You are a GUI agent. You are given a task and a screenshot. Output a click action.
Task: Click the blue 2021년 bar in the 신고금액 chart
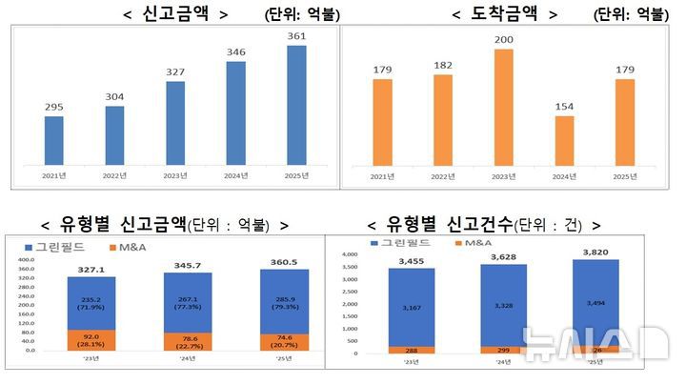point(54,140)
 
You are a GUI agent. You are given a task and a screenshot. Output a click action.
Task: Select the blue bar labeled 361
point(296,104)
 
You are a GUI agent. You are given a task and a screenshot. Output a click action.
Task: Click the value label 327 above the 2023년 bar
point(175,71)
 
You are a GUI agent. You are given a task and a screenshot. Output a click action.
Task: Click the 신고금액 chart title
point(175,13)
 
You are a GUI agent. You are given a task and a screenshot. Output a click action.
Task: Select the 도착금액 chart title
point(504,13)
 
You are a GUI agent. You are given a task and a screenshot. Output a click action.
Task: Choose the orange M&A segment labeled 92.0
point(91,339)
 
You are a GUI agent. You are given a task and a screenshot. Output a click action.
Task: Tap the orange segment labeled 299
point(505,350)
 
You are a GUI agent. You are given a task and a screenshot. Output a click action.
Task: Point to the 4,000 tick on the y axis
point(347,255)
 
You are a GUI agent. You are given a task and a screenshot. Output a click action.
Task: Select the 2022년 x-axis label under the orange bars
point(443,177)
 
